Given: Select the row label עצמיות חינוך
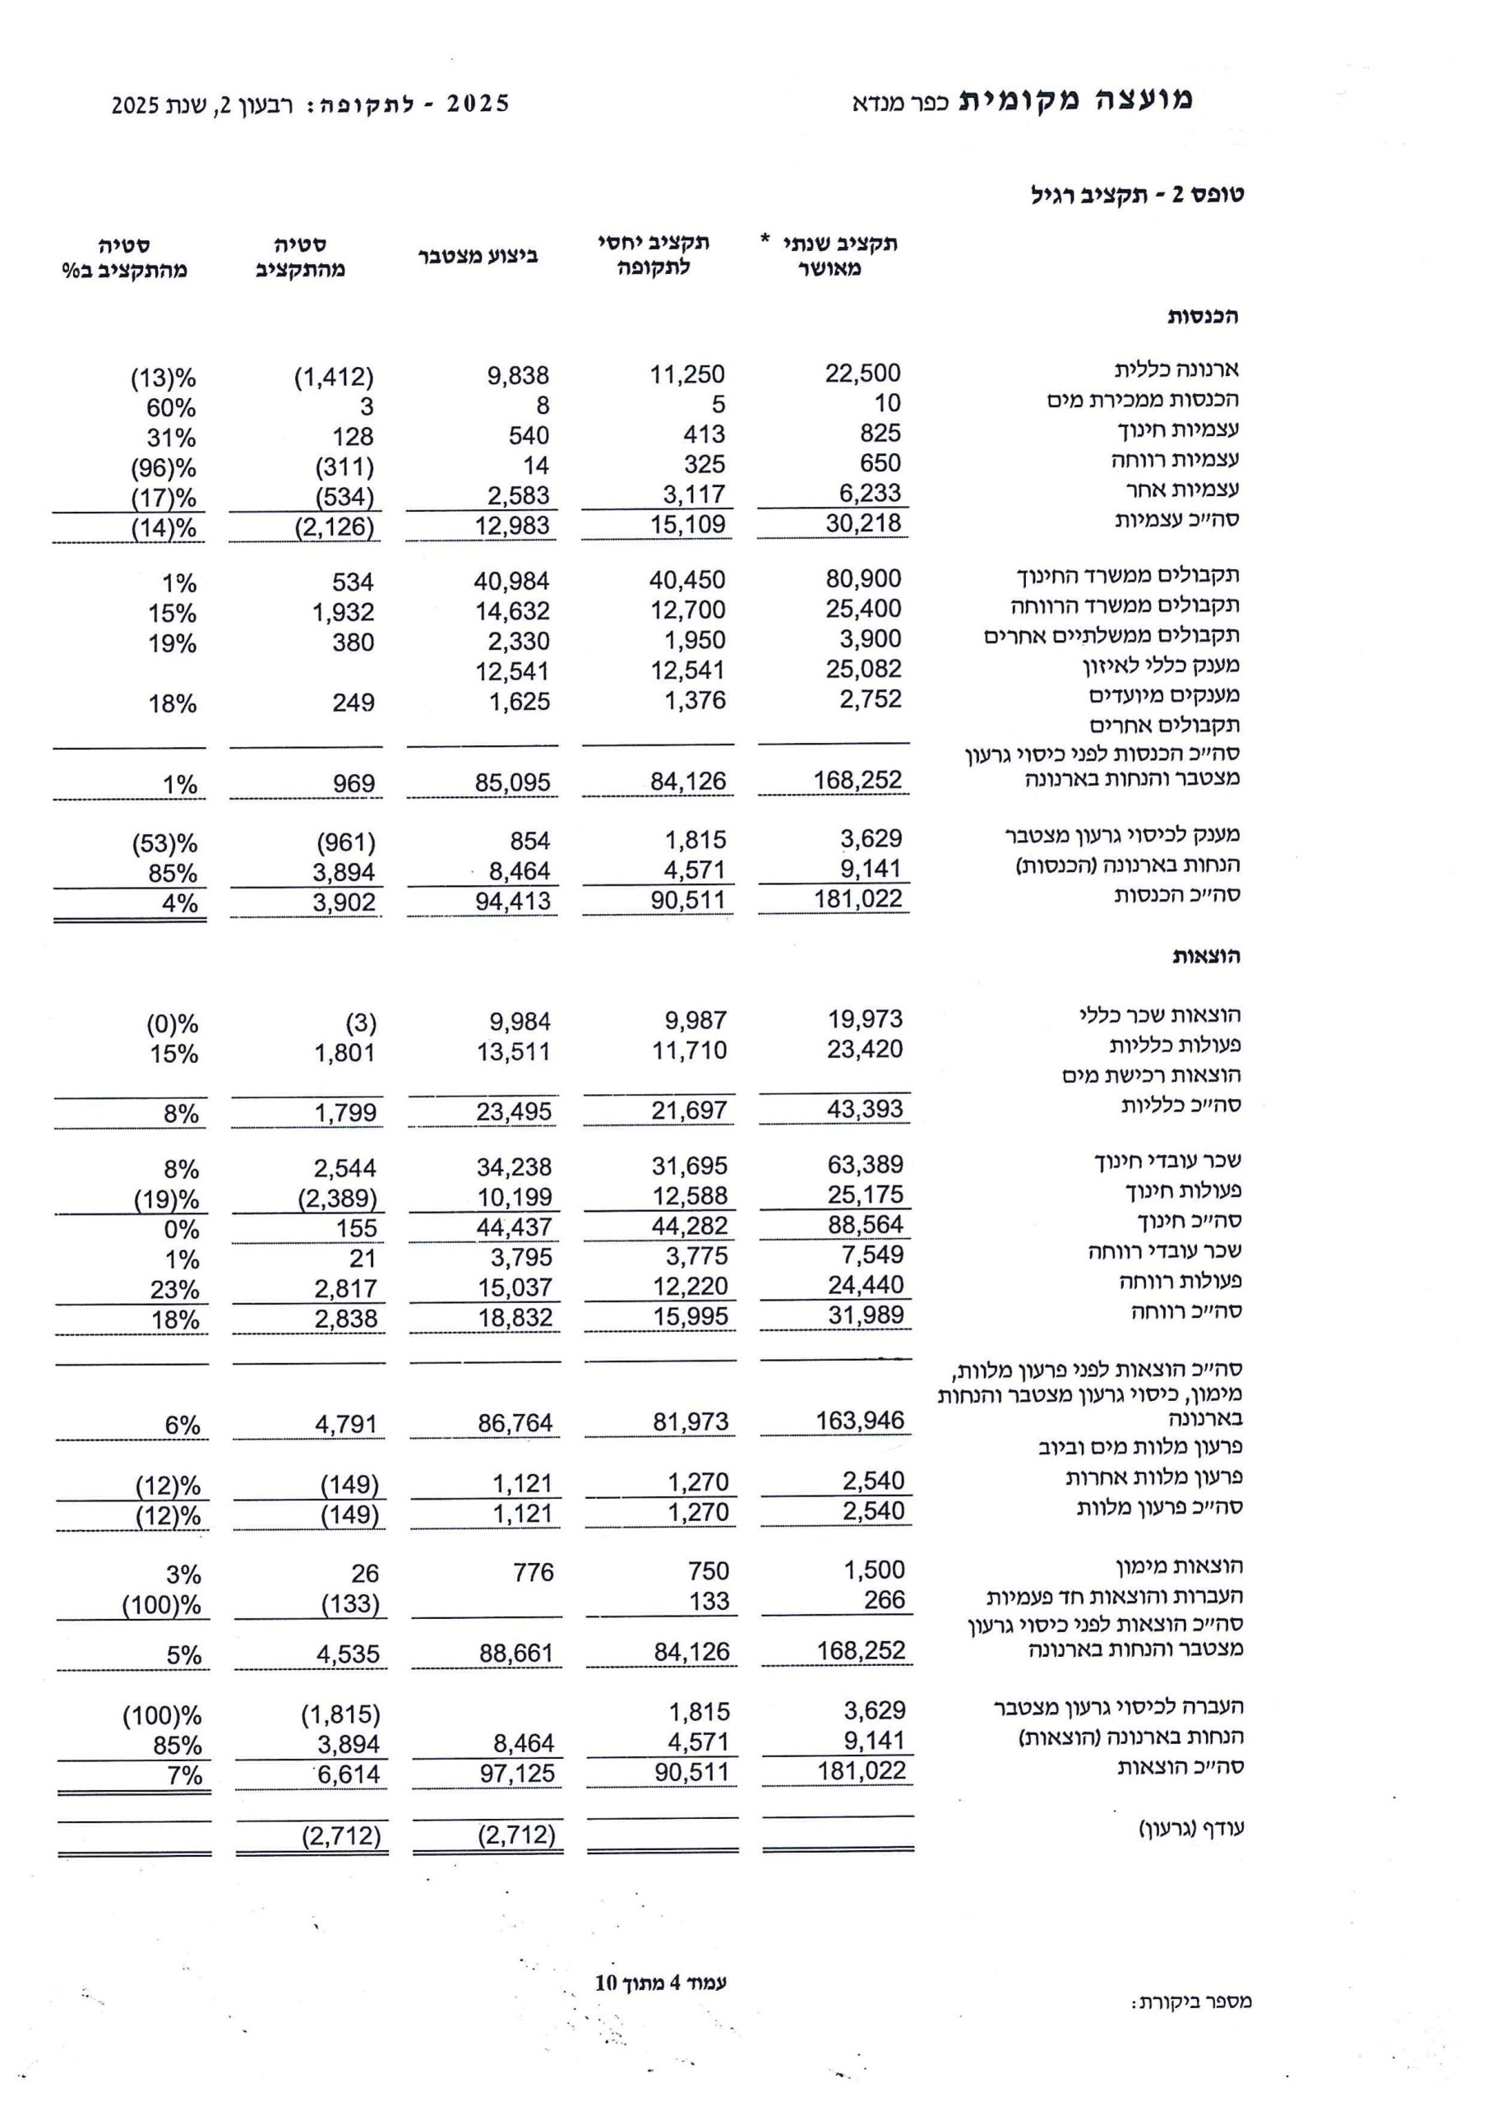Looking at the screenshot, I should (x=1178, y=429).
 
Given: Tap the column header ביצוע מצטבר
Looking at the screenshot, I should (x=478, y=256).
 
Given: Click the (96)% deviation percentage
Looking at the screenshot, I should (x=164, y=468).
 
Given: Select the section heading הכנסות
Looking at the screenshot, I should (x=1202, y=317).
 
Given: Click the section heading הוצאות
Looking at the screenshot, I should (x=1206, y=956).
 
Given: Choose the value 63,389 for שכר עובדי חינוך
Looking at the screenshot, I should (x=865, y=1164).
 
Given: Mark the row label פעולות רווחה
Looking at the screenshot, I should (x=1180, y=1281).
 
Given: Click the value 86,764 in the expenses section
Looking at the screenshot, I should (x=515, y=1423).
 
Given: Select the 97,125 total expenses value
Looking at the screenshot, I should (x=517, y=1773).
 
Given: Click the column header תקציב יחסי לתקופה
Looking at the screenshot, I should (x=654, y=255).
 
